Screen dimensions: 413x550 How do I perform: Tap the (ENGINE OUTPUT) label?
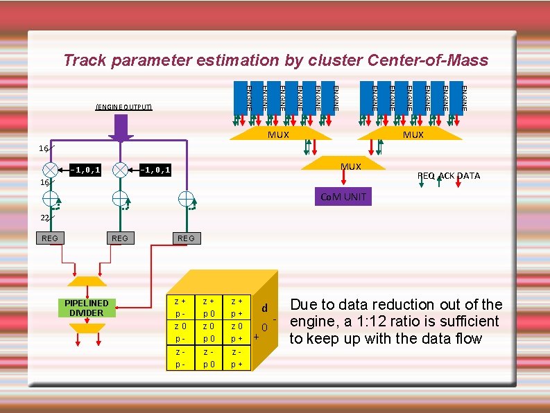[x=123, y=107]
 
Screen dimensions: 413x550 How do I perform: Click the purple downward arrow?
[x=121, y=128]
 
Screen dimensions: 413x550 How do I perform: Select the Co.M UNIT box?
[x=343, y=197]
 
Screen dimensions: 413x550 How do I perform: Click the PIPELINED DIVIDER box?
[x=87, y=308]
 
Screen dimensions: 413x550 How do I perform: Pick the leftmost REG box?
[x=50, y=238]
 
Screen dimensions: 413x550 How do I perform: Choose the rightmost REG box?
[x=186, y=238]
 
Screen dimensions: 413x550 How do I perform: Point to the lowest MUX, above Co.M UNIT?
[x=351, y=166]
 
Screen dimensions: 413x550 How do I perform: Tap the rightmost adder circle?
[x=186, y=199]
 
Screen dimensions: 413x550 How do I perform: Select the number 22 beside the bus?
[x=44, y=218]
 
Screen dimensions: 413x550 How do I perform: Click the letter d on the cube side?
[x=264, y=308]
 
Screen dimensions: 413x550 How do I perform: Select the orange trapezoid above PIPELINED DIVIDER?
[x=87, y=281]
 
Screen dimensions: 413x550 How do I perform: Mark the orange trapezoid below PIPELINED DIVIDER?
[x=87, y=328]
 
